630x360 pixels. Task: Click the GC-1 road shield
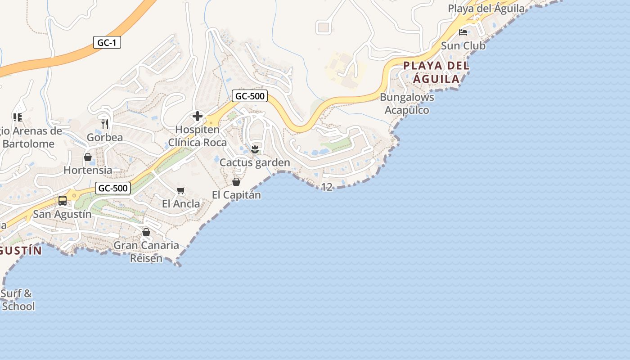click(x=107, y=43)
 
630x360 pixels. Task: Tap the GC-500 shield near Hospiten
click(x=250, y=96)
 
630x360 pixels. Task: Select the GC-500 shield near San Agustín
click(x=113, y=188)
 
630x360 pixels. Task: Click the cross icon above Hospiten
click(x=197, y=117)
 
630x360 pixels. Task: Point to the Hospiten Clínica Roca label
click(x=198, y=136)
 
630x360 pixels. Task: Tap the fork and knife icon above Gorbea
click(x=105, y=124)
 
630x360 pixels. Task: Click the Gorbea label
click(x=105, y=137)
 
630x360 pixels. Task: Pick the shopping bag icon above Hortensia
click(x=88, y=157)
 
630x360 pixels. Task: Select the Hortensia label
click(x=88, y=170)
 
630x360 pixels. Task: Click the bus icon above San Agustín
click(x=63, y=201)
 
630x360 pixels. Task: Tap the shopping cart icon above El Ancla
click(x=181, y=191)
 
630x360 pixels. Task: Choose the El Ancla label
click(x=181, y=204)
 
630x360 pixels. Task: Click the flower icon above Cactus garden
click(x=255, y=149)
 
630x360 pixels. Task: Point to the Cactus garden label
click(x=255, y=162)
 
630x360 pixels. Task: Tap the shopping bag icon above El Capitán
click(x=236, y=182)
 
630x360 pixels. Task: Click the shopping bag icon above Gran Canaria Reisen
click(x=146, y=232)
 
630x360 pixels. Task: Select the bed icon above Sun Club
click(x=463, y=32)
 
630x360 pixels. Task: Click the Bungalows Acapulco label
click(x=407, y=103)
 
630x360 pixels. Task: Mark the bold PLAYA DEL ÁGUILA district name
click(x=436, y=72)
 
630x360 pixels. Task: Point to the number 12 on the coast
click(x=327, y=187)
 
